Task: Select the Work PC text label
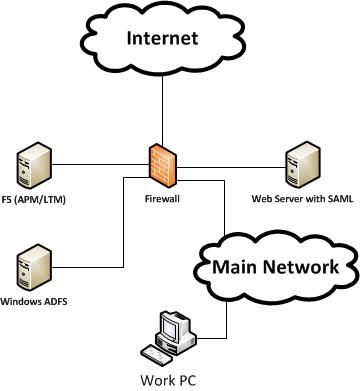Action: (x=175, y=380)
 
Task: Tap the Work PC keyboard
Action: (x=159, y=353)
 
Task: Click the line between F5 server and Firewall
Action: (x=95, y=163)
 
